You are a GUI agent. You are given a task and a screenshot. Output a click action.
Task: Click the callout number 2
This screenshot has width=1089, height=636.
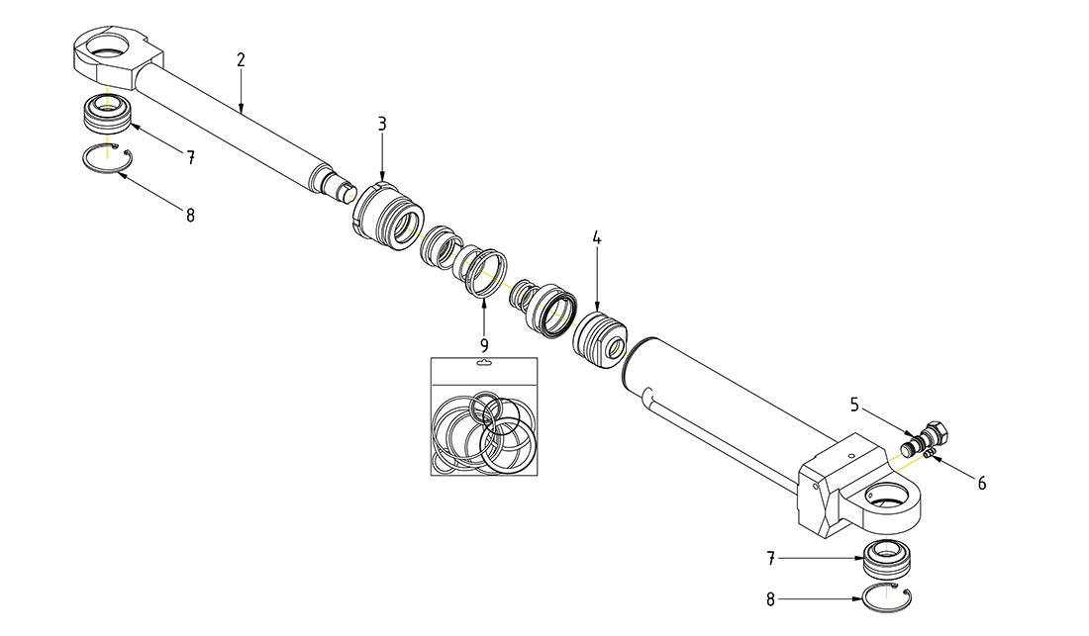click(241, 59)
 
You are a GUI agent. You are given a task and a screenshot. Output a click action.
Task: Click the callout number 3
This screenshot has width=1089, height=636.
click(381, 125)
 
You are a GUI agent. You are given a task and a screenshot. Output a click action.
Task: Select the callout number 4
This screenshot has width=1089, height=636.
click(597, 238)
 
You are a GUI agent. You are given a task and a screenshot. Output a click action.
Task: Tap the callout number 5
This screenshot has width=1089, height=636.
click(854, 404)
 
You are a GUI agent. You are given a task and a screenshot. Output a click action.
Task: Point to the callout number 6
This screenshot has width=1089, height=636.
click(981, 484)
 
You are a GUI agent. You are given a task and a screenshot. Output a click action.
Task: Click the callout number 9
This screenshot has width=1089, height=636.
click(484, 345)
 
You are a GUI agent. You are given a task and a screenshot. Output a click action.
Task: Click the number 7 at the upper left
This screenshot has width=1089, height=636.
click(190, 156)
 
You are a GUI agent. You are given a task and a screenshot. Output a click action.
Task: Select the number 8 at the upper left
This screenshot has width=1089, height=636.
click(190, 214)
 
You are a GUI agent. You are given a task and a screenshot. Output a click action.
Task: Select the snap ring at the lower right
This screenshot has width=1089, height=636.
click(889, 598)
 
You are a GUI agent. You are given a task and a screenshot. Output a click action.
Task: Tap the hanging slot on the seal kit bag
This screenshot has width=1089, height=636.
click(484, 363)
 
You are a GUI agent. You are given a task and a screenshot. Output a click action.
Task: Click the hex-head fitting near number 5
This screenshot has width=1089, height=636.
click(936, 433)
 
